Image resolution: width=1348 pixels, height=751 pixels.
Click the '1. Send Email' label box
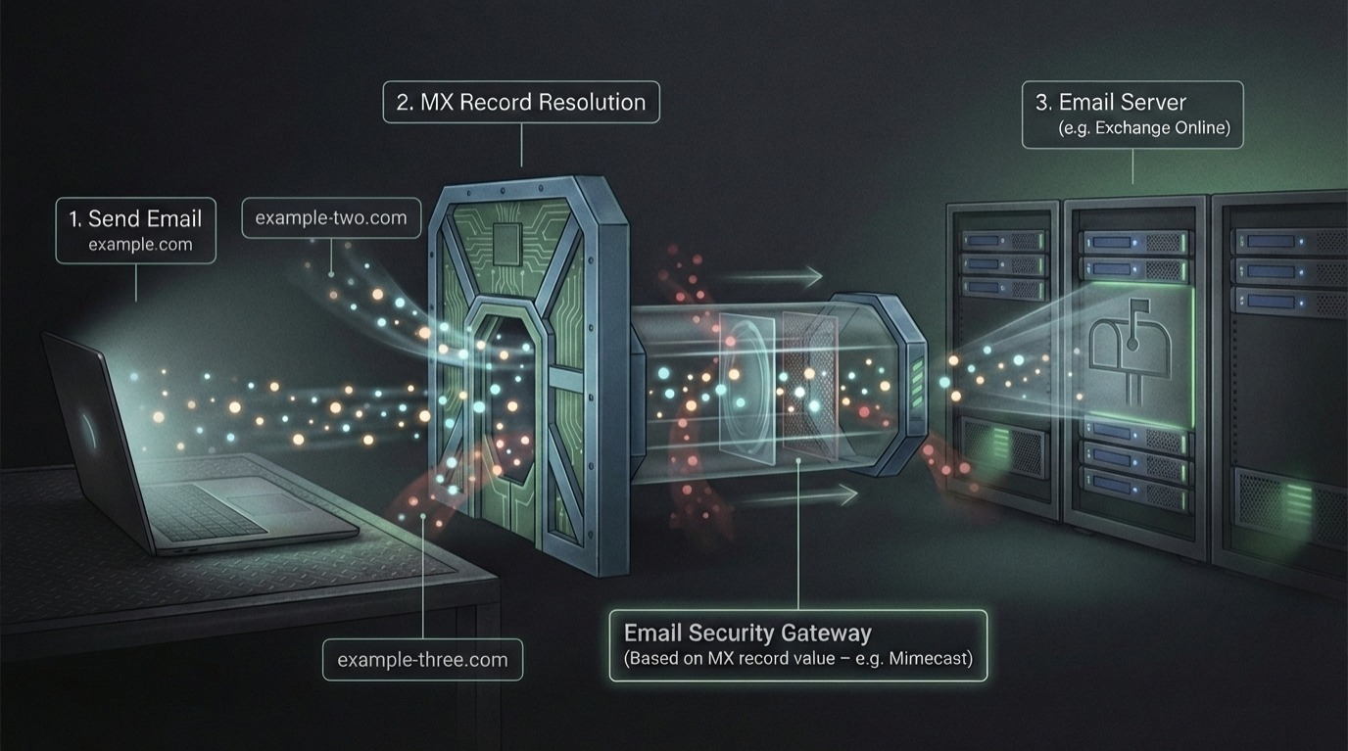pyautogui.click(x=136, y=231)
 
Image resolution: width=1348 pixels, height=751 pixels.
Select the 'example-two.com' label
pyautogui.click(x=331, y=218)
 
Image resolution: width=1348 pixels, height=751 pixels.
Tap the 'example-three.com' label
pyautogui.click(x=422, y=659)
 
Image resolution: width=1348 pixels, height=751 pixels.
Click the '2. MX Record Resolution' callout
pyautogui.click(x=521, y=103)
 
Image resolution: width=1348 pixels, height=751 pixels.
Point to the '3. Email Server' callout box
pyautogui.click(x=1131, y=114)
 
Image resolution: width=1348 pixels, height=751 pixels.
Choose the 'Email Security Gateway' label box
pyautogui.click(x=797, y=645)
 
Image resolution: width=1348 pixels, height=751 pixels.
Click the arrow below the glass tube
pyautogui.click(x=797, y=496)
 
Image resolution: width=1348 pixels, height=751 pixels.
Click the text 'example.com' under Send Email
pyautogui.click(x=140, y=245)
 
